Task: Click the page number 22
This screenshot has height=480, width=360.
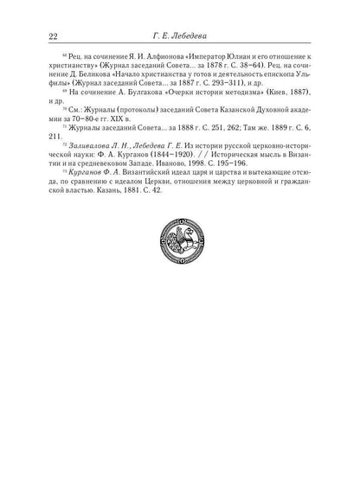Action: click(x=29, y=35)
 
